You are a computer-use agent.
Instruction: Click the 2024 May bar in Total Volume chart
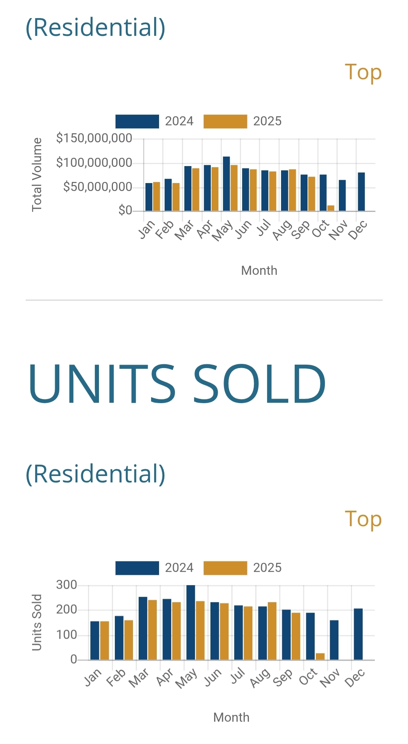[226, 183]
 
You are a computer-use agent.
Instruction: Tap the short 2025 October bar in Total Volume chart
[331, 208]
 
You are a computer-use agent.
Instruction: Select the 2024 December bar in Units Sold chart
[358, 634]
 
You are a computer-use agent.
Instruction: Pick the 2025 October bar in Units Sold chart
[320, 656]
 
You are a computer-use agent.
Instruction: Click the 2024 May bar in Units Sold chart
[191, 622]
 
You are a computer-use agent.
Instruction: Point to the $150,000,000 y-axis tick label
[94, 138]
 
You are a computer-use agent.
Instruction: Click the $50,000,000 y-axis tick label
[97, 187]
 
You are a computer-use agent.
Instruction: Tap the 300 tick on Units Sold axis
[66, 585]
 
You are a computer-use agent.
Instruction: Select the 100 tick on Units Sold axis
[66, 635]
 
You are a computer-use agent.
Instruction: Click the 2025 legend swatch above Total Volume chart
[225, 121]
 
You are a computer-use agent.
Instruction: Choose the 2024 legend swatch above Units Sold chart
[137, 568]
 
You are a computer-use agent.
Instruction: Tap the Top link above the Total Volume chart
[363, 72]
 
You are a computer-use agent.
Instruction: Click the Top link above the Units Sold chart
[363, 519]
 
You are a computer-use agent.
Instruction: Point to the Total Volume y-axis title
[37, 174]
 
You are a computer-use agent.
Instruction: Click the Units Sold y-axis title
[37, 622]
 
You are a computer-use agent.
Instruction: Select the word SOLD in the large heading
[259, 383]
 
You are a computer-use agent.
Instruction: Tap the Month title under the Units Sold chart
[231, 717]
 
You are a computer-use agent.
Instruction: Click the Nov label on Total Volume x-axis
[338, 230]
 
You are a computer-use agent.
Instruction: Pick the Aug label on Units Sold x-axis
[260, 678]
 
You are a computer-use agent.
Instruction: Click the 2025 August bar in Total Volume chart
[292, 190]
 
